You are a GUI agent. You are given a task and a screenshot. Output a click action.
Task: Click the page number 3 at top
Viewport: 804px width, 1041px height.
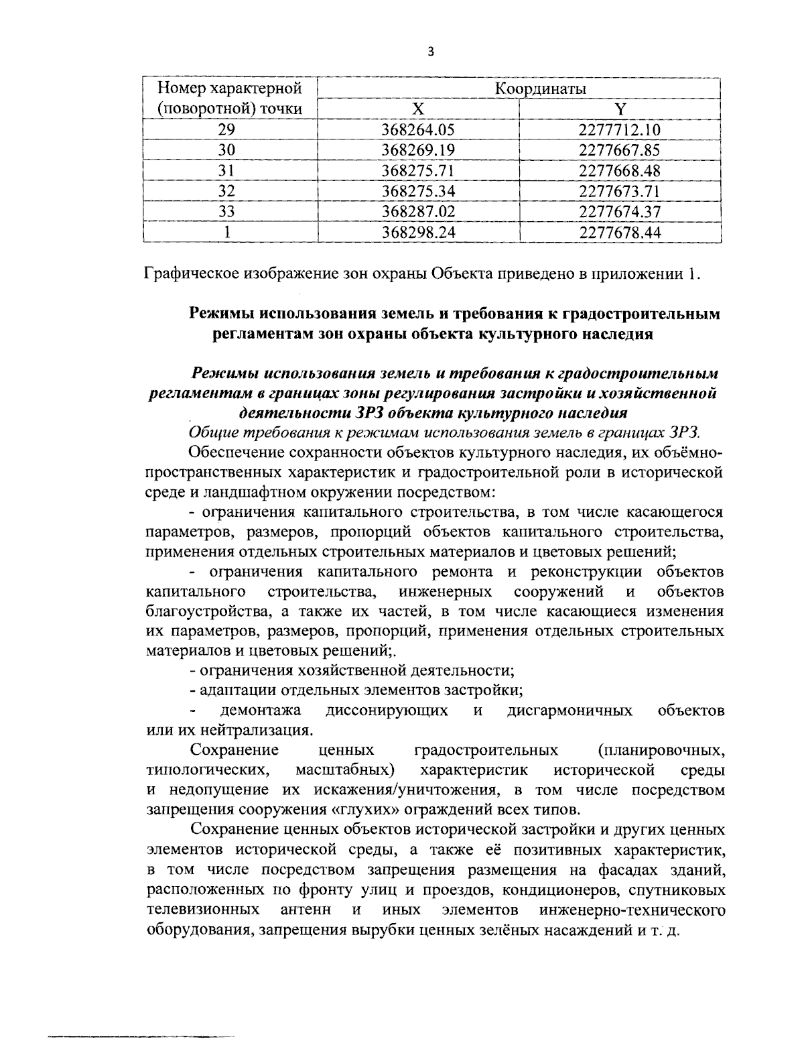430,52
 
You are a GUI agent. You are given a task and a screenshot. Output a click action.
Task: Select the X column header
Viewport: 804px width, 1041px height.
418,109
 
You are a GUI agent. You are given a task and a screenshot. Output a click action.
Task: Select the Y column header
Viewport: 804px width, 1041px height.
620,109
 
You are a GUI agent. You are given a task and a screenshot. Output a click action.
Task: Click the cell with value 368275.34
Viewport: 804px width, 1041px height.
418,192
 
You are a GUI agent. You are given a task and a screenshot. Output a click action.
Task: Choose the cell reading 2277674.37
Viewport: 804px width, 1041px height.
620,212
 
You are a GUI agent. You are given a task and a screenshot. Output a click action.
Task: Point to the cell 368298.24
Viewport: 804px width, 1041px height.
418,233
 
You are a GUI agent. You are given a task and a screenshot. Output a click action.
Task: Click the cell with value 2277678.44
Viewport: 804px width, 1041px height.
620,233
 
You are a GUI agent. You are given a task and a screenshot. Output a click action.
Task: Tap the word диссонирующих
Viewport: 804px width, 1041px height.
387,710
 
